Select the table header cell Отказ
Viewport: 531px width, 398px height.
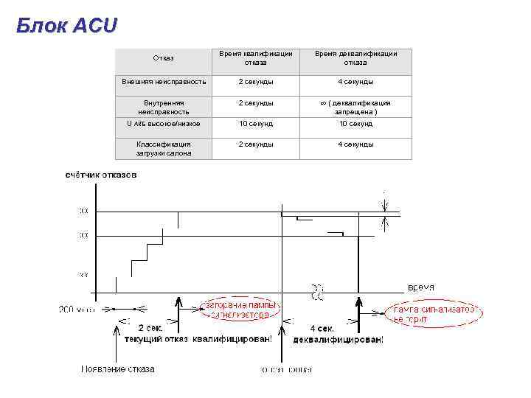click(x=163, y=57)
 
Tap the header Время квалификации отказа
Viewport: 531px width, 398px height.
click(x=255, y=57)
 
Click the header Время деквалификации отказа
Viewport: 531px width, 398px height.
click(x=356, y=57)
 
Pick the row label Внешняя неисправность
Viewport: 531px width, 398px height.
click(x=164, y=81)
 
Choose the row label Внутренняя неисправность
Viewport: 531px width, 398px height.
click(x=164, y=107)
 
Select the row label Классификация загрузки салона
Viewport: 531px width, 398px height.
click(x=164, y=148)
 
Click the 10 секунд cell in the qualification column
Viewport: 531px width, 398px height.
click(x=255, y=124)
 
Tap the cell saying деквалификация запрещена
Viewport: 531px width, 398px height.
click(x=356, y=107)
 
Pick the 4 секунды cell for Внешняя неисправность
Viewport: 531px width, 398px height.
click(x=356, y=81)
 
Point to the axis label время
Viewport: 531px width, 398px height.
click(x=420, y=287)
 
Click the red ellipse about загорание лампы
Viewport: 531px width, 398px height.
click(x=240, y=309)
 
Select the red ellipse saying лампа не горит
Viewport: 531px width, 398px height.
click(x=435, y=314)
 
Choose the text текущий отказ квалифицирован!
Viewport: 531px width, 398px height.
click(x=197, y=340)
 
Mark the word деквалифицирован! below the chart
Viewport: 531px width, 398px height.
click(x=338, y=340)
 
